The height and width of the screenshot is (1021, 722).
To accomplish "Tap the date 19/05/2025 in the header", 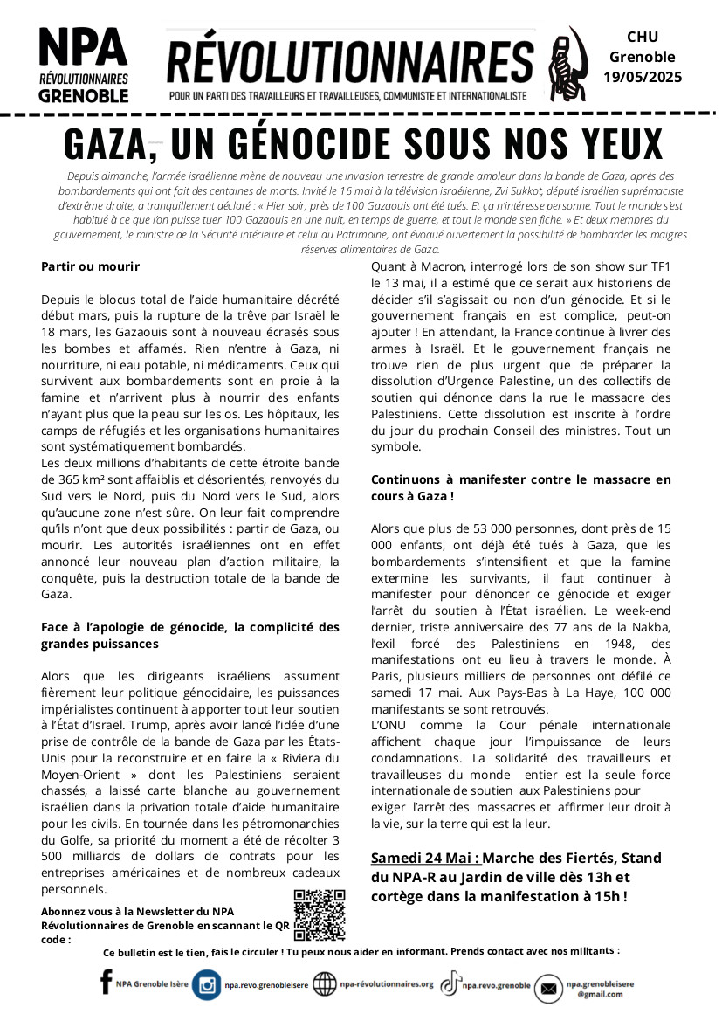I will [643, 77].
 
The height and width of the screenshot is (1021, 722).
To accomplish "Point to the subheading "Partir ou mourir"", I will [90, 266].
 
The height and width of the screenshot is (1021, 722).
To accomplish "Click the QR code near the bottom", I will [319, 914].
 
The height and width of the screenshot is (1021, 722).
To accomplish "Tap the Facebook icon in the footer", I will [107, 983].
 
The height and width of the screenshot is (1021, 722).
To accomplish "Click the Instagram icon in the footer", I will [207, 985].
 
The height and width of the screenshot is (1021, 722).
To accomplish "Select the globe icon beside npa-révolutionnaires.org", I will [324, 984].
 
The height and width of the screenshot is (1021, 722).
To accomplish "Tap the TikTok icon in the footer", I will [450, 984].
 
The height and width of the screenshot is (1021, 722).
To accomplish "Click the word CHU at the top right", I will [643, 37].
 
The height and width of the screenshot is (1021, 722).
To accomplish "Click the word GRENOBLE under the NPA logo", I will [83, 93].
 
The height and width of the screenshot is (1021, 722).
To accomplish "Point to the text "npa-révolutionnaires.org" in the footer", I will [386, 983].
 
